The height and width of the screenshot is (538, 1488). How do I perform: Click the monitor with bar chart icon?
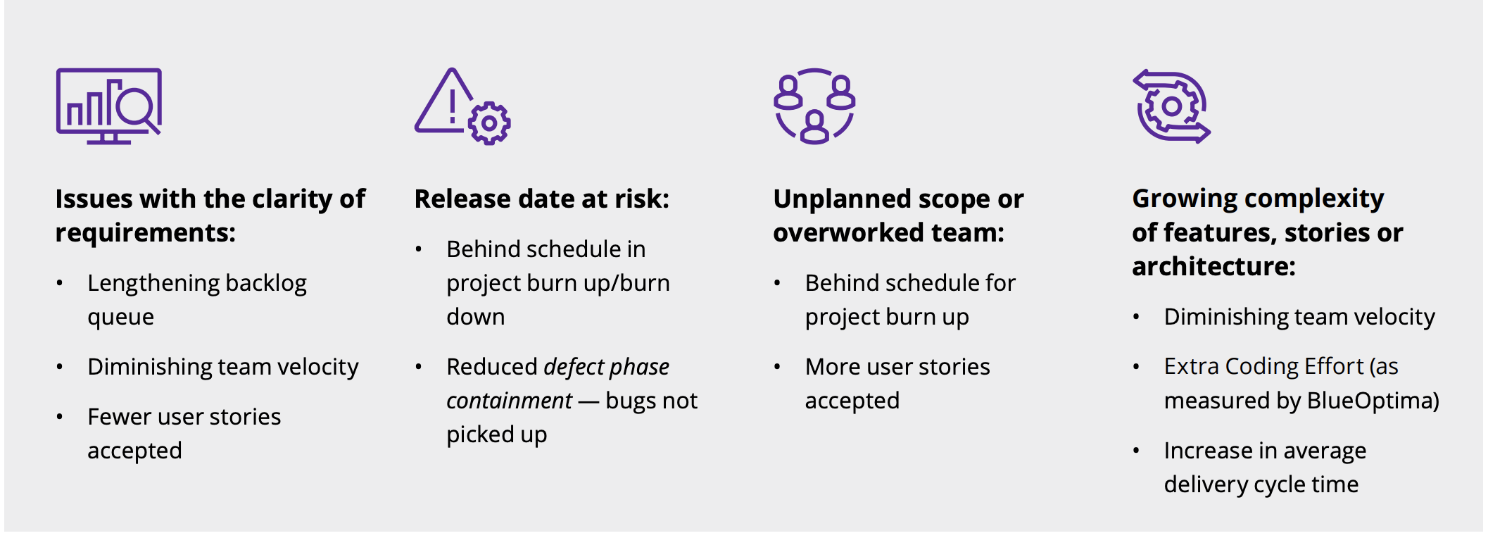coord(109,106)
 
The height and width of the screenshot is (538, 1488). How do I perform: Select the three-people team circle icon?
coord(814,106)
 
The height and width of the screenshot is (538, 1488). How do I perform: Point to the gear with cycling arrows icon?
coord(1171,106)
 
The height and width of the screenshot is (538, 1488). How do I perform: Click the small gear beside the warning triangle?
coord(489,124)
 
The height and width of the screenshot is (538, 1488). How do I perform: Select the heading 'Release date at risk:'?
coord(542,199)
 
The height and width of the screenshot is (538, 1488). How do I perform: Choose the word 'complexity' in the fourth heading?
coord(1314,199)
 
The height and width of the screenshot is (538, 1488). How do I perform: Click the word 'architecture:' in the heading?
coord(1213,267)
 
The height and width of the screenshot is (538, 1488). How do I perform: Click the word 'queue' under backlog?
coord(120,318)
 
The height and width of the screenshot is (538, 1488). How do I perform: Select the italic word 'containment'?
coord(509,401)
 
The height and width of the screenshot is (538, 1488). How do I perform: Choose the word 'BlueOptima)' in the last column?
coord(1373,401)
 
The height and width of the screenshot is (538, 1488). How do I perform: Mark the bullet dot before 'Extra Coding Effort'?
coord(1136,367)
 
